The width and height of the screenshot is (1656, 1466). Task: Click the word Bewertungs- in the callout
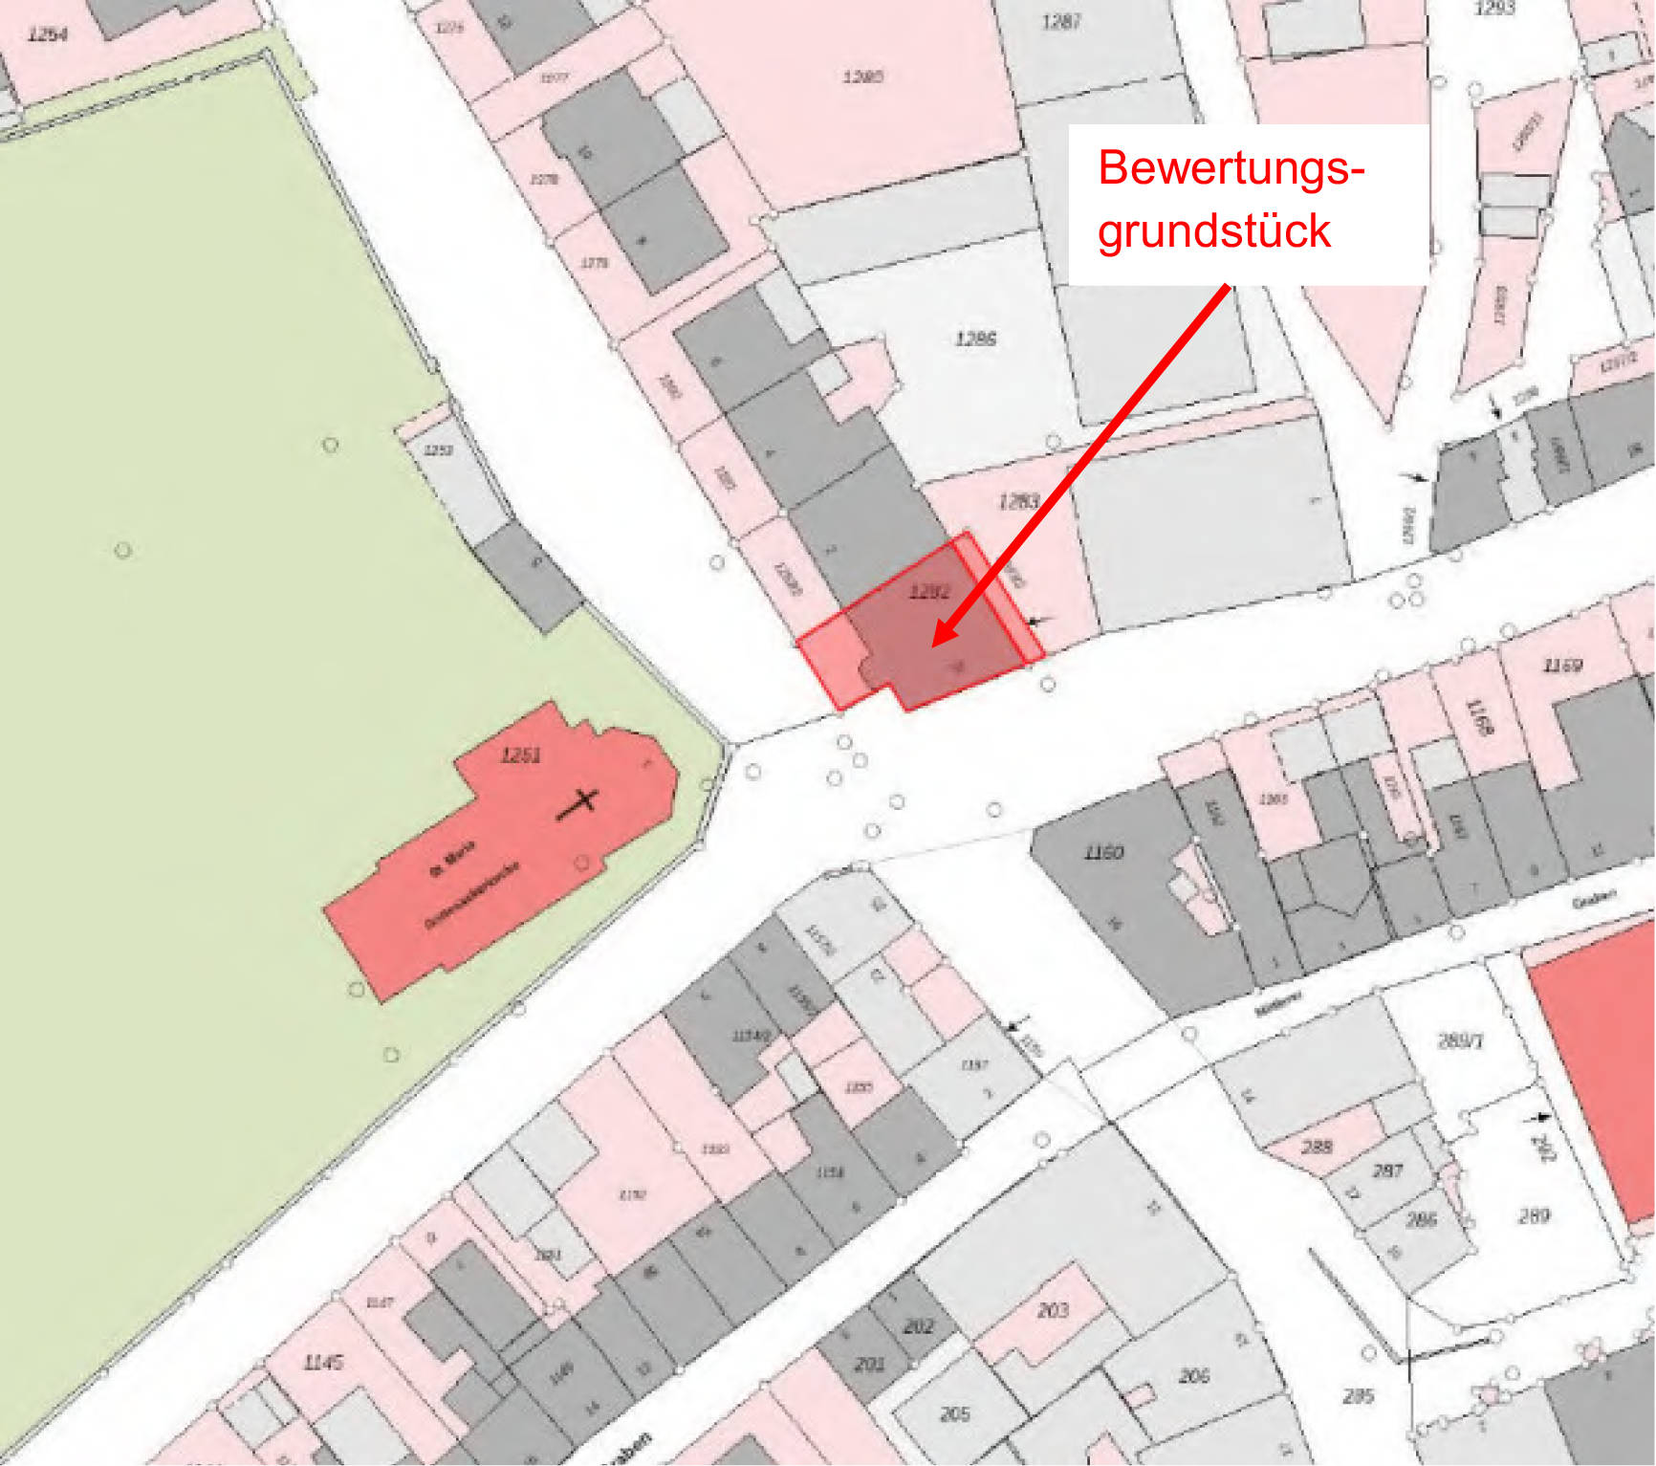pyautogui.click(x=1231, y=168)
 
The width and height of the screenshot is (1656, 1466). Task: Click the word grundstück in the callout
pyautogui.click(x=1214, y=230)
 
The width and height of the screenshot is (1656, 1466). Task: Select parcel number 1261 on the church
pyautogui.click(x=521, y=755)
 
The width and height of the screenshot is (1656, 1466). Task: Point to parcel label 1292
pyautogui.click(x=929, y=592)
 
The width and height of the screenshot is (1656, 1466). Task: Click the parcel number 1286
pyautogui.click(x=975, y=339)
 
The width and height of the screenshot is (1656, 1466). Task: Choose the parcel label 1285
pyautogui.click(x=862, y=77)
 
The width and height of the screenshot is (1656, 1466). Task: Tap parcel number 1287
pyautogui.click(x=1061, y=21)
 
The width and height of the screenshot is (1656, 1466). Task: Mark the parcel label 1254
pyautogui.click(x=48, y=35)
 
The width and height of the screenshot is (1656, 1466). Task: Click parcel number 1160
pyautogui.click(x=1103, y=852)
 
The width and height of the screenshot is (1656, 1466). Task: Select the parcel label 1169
pyautogui.click(x=1562, y=666)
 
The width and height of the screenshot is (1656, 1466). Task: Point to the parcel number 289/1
pyautogui.click(x=1460, y=1040)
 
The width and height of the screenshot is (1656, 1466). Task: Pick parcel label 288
pyautogui.click(x=1317, y=1146)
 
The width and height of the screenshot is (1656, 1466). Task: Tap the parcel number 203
pyautogui.click(x=1053, y=1310)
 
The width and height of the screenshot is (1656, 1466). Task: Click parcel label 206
pyautogui.click(x=1194, y=1376)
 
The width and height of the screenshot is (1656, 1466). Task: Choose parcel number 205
pyautogui.click(x=955, y=1413)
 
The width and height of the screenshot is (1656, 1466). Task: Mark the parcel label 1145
pyautogui.click(x=322, y=1362)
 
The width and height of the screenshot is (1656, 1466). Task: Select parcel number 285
pyautogui.click(x=1358, y=1396)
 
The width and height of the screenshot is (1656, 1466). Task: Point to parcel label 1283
pyautogui.click(x=1018, y=501)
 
